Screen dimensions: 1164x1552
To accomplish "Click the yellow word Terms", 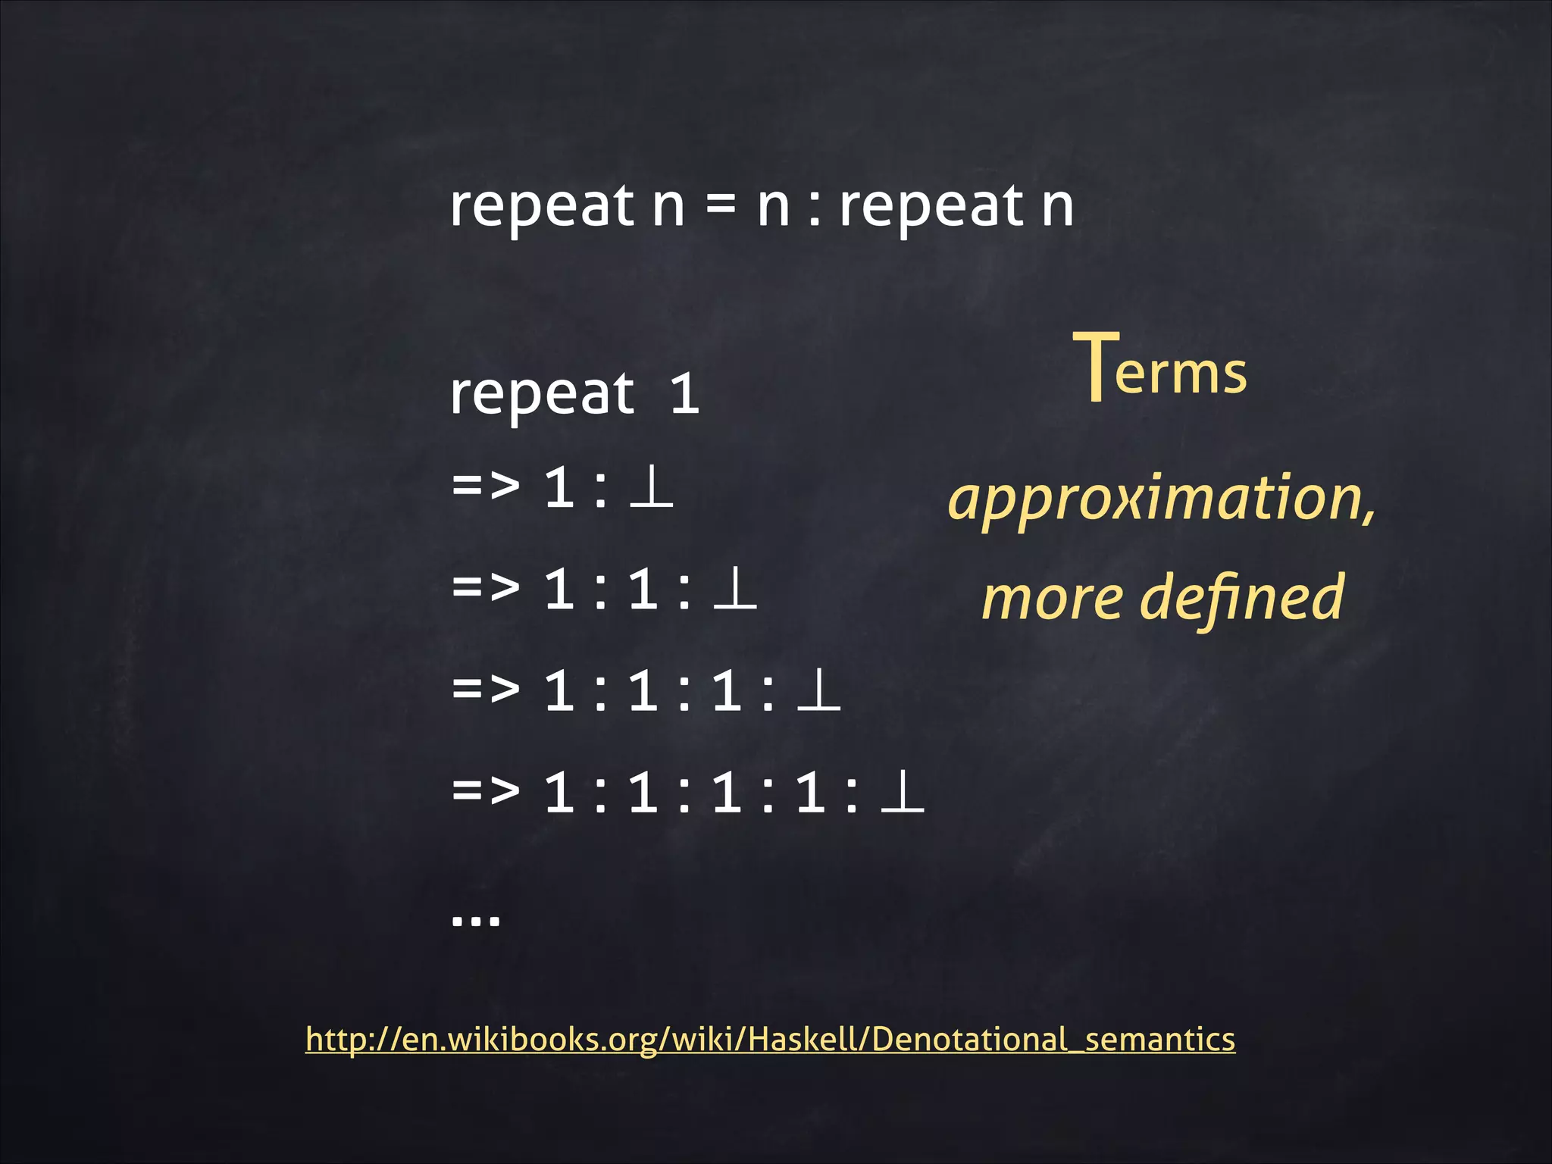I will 1159,370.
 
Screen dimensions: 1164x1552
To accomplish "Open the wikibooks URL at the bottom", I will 770,1039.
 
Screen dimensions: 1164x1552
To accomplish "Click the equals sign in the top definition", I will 721,206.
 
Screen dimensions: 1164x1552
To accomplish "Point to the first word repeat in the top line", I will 542,206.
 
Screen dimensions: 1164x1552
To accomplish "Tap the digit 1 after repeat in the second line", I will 684,394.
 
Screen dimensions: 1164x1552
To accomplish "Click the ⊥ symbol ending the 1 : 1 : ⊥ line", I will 735,590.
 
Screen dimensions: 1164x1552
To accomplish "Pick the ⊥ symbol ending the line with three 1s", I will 819,691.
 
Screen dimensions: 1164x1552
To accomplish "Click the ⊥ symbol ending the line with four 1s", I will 903,793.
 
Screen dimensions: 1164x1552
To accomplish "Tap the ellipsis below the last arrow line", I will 476,919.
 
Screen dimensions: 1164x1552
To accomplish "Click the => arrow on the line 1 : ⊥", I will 486,486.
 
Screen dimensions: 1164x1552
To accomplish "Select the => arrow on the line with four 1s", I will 486,791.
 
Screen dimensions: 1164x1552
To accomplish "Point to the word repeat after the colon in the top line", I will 932,206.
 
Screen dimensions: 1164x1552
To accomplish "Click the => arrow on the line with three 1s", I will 486,690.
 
